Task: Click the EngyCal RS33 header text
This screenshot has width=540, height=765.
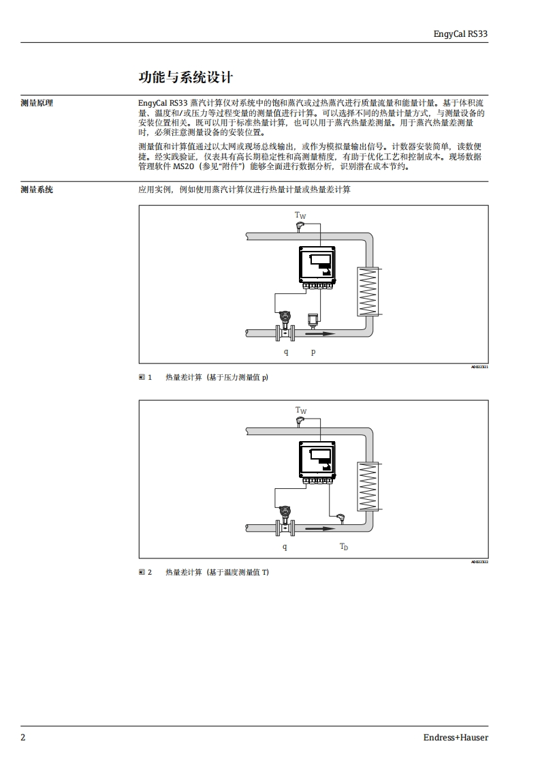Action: coord(460,33)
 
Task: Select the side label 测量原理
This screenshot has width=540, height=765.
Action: coord(37,104)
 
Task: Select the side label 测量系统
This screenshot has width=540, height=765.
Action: coord(37,190)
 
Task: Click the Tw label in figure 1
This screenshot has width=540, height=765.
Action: coord(300,215)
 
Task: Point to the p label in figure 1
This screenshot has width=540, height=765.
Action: coord(313,352)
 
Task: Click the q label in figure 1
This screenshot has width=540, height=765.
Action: coord(286,352)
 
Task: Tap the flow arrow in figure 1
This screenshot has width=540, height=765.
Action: coord(320,333)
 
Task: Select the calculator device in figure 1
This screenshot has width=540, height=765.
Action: coord(317,267)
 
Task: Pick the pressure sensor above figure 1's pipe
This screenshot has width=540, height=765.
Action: coord(313,320)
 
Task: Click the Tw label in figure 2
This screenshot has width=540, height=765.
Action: coord(300,410)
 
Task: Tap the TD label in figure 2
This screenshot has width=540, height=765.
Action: coord(344,547)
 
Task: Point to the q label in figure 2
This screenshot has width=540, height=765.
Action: coord(285,547)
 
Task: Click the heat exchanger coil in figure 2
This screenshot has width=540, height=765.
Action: coord(368,486)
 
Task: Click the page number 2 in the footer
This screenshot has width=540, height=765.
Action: coord(23,737)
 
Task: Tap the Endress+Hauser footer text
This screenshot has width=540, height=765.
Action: coord(456,737)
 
